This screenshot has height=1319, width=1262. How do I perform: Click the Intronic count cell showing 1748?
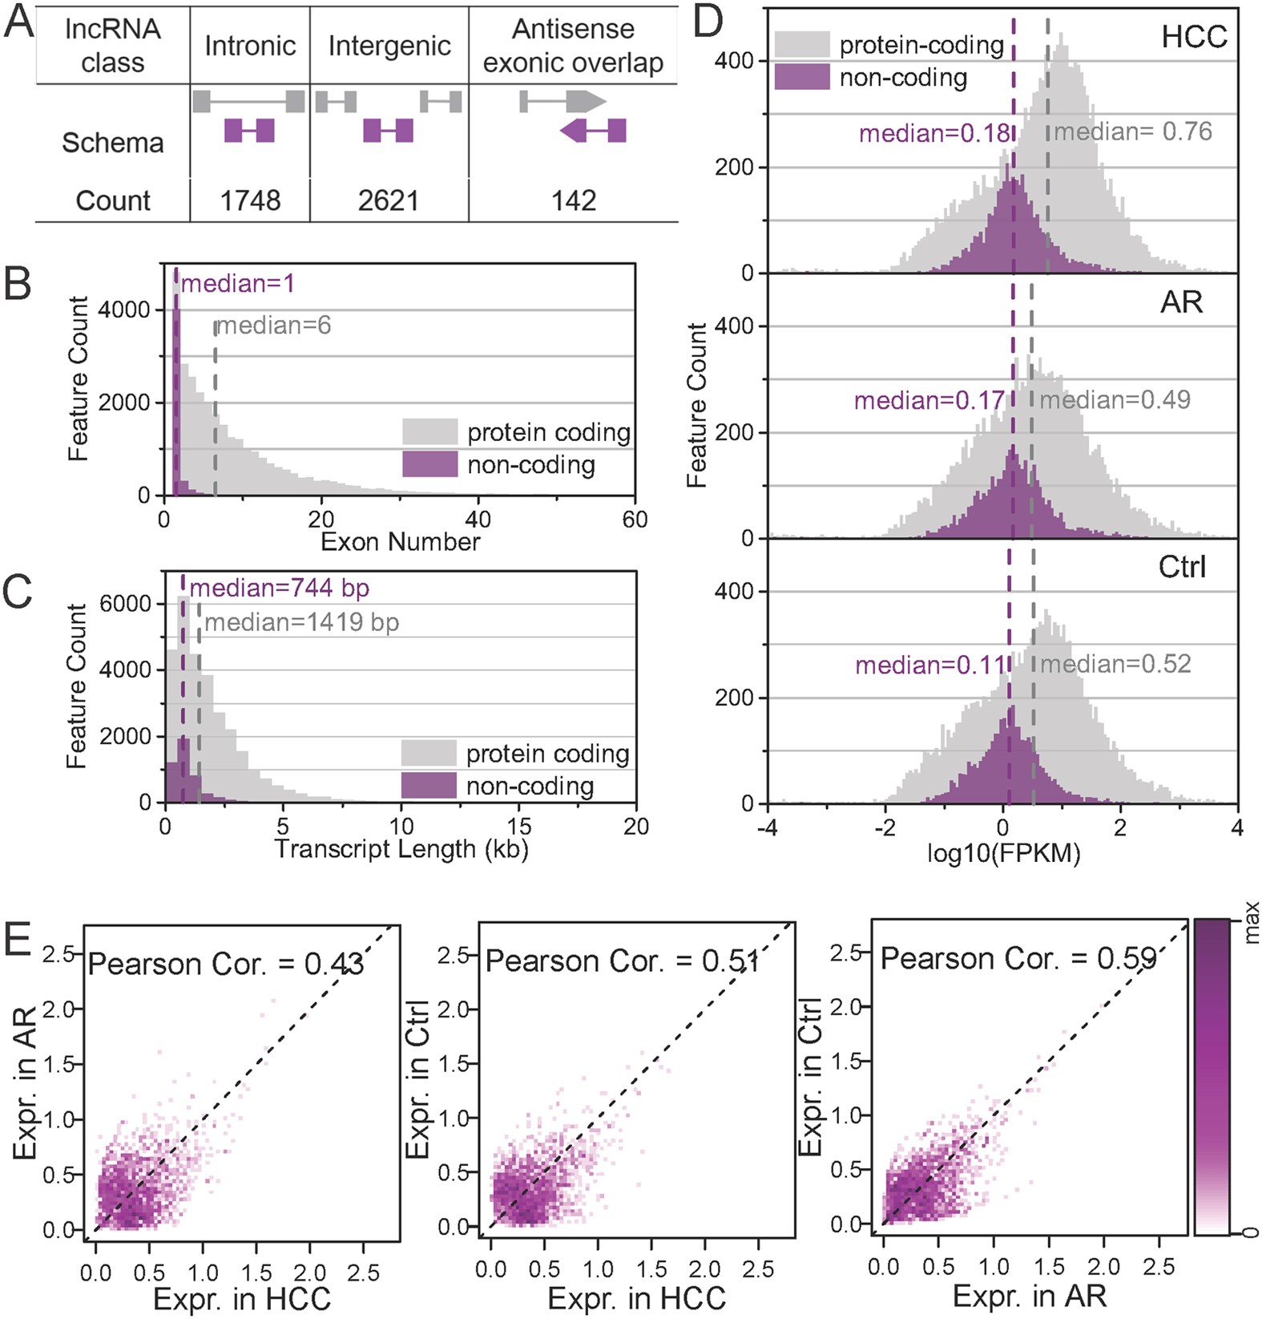pos(250,200)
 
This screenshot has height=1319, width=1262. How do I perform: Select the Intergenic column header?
pos(389,46)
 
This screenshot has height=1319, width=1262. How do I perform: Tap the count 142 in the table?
pos(574,200)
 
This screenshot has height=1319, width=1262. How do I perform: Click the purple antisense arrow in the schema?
pos(593,130)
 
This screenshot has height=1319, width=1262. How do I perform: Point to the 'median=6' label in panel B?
pos(274,326)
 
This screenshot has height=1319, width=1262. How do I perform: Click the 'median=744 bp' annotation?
pos(280,589)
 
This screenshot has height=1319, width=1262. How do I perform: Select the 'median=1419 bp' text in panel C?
pos(302,622)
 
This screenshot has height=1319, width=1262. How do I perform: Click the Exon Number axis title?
pos(400,542)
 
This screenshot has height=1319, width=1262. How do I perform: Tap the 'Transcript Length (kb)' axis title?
pos(401,849)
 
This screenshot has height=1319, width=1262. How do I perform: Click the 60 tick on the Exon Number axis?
pos(635,520)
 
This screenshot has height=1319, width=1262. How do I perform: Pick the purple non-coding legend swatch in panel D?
pos(802,78)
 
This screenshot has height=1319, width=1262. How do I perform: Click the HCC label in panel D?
pos(1194,37)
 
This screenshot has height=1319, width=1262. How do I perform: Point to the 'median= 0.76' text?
pos(1133,131)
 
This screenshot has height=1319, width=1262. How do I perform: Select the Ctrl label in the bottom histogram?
pos(1182,568)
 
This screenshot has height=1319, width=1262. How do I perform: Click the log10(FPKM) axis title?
pos(1003,854)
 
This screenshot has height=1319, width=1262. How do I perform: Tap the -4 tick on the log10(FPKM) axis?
pos(768,827)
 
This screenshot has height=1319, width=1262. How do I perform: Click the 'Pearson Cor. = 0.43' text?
pos(226,964)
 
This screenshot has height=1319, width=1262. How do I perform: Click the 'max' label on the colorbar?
pos(1252,923)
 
